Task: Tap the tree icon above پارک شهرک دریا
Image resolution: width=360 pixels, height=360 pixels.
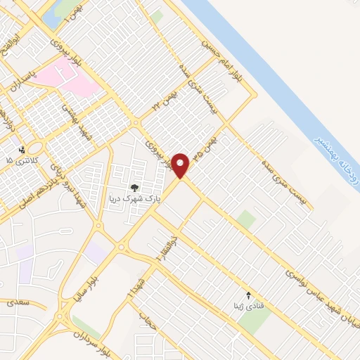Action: [134, 188]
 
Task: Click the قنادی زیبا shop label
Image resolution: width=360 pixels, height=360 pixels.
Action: [246, 307]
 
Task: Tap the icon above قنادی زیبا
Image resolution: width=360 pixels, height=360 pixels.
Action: [247, 295]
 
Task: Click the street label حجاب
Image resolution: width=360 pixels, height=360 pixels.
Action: [147, 321]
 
